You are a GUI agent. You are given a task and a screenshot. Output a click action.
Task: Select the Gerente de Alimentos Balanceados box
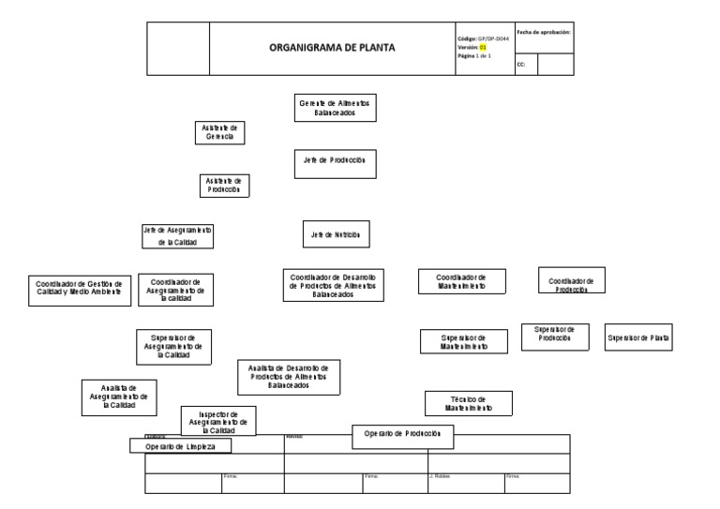point(335,107)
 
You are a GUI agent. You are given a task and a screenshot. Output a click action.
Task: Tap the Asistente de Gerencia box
point(219,132)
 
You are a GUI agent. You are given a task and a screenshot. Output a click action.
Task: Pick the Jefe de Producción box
point(335,161)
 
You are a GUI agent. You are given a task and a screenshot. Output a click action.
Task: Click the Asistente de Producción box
point(224,185)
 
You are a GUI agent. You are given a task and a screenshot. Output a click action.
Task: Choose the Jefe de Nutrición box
point(335,234)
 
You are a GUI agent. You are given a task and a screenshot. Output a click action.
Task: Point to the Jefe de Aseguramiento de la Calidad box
point(177,235)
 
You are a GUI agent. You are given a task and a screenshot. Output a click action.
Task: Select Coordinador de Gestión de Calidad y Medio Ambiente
point(80,288)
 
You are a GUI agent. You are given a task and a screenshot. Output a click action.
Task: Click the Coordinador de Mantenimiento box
point(461,282)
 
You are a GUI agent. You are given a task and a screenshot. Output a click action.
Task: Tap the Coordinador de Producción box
point(571,281)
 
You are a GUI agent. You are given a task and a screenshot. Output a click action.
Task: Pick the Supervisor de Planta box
point(639,338)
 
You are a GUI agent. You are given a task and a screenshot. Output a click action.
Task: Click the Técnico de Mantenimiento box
point(464,404)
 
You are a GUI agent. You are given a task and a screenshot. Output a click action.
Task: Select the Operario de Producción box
point(403,435)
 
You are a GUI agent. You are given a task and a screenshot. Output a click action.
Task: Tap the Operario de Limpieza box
point(181,447)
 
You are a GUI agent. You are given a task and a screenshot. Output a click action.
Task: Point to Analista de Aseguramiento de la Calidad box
point(118,397)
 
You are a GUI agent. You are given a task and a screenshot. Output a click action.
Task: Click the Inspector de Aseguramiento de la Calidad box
point(217,422)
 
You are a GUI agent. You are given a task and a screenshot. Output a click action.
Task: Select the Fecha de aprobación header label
point(544,32)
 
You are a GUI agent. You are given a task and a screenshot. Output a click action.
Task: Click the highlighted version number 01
point(484,47)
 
